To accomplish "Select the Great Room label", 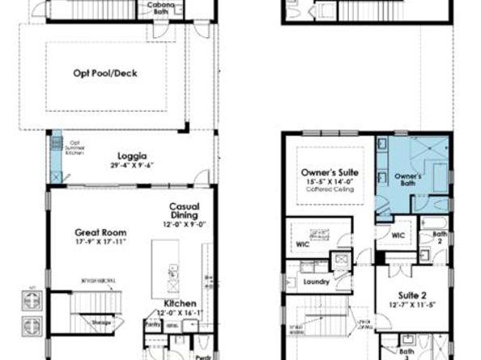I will pos(101,232).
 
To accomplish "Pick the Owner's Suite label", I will pos(330,173).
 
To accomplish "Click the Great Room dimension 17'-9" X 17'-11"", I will pos(101,241).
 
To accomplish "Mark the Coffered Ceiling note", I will pos(330,190).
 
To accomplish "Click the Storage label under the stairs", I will pos(100,322).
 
